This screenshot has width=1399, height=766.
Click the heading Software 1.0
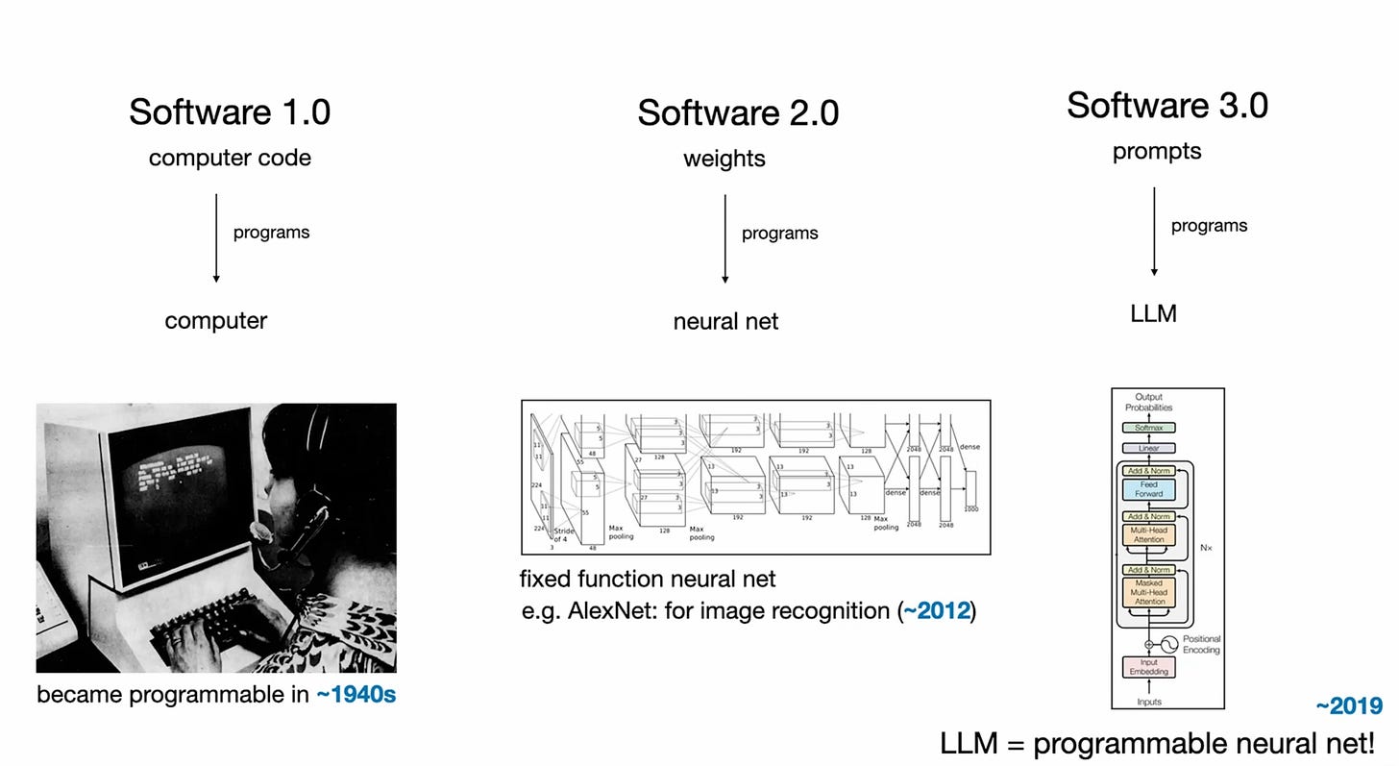230,112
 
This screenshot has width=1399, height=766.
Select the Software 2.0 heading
738,113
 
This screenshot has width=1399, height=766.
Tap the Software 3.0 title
1166,106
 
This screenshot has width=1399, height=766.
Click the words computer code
230,158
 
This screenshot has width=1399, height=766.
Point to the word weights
724,159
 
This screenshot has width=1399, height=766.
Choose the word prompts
1157,152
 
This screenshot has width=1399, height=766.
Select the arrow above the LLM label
1154,231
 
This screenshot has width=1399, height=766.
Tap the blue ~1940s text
356,694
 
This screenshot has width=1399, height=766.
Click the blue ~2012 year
937,611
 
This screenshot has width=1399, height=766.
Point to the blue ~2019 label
1349,706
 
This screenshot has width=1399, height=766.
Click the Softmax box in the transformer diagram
1148,428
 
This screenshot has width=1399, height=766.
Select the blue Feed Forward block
1149,489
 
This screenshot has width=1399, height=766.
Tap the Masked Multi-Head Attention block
1149,592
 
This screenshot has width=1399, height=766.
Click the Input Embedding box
1148,667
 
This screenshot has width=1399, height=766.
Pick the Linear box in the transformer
1148,448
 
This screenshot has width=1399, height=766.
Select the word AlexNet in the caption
598,611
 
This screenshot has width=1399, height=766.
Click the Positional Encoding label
1201,644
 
